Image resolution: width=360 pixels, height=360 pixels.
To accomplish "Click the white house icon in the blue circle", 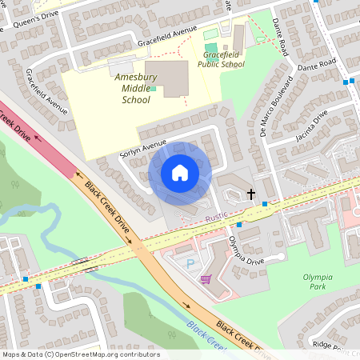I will [x=180, y=172].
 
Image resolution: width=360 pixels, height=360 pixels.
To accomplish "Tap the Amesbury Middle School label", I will [x=135, y=89].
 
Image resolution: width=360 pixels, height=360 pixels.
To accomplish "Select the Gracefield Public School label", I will [x=223, y=59].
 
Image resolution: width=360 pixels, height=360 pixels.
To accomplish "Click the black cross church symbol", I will [x=251, y=194].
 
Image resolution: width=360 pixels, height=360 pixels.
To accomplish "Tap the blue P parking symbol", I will [x=190, y=263].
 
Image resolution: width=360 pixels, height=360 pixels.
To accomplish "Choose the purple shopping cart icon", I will [x=206, y=279].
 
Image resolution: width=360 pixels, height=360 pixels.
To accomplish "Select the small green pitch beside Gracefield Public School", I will [x=210, y=34].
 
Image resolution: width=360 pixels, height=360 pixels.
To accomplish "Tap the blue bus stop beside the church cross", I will [x=265, y=205].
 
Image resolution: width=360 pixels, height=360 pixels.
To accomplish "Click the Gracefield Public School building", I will [x=238, y=37].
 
